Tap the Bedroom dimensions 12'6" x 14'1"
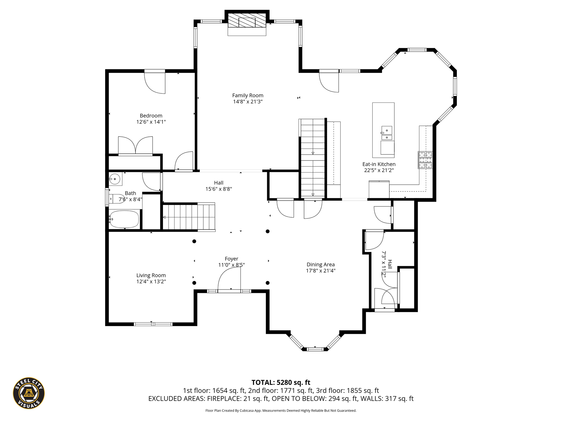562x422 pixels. (151, 122)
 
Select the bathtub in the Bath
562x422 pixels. (124, 219)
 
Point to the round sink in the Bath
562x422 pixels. (115, 179)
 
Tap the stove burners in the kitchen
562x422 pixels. (425, 160)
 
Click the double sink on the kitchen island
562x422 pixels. (386, 133)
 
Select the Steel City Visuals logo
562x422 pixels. (29, 393)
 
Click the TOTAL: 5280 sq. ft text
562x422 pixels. (281, 382)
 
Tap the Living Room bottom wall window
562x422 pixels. (153, 324)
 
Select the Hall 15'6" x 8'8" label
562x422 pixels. (219, 186)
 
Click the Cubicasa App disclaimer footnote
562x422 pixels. (281, 411)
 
